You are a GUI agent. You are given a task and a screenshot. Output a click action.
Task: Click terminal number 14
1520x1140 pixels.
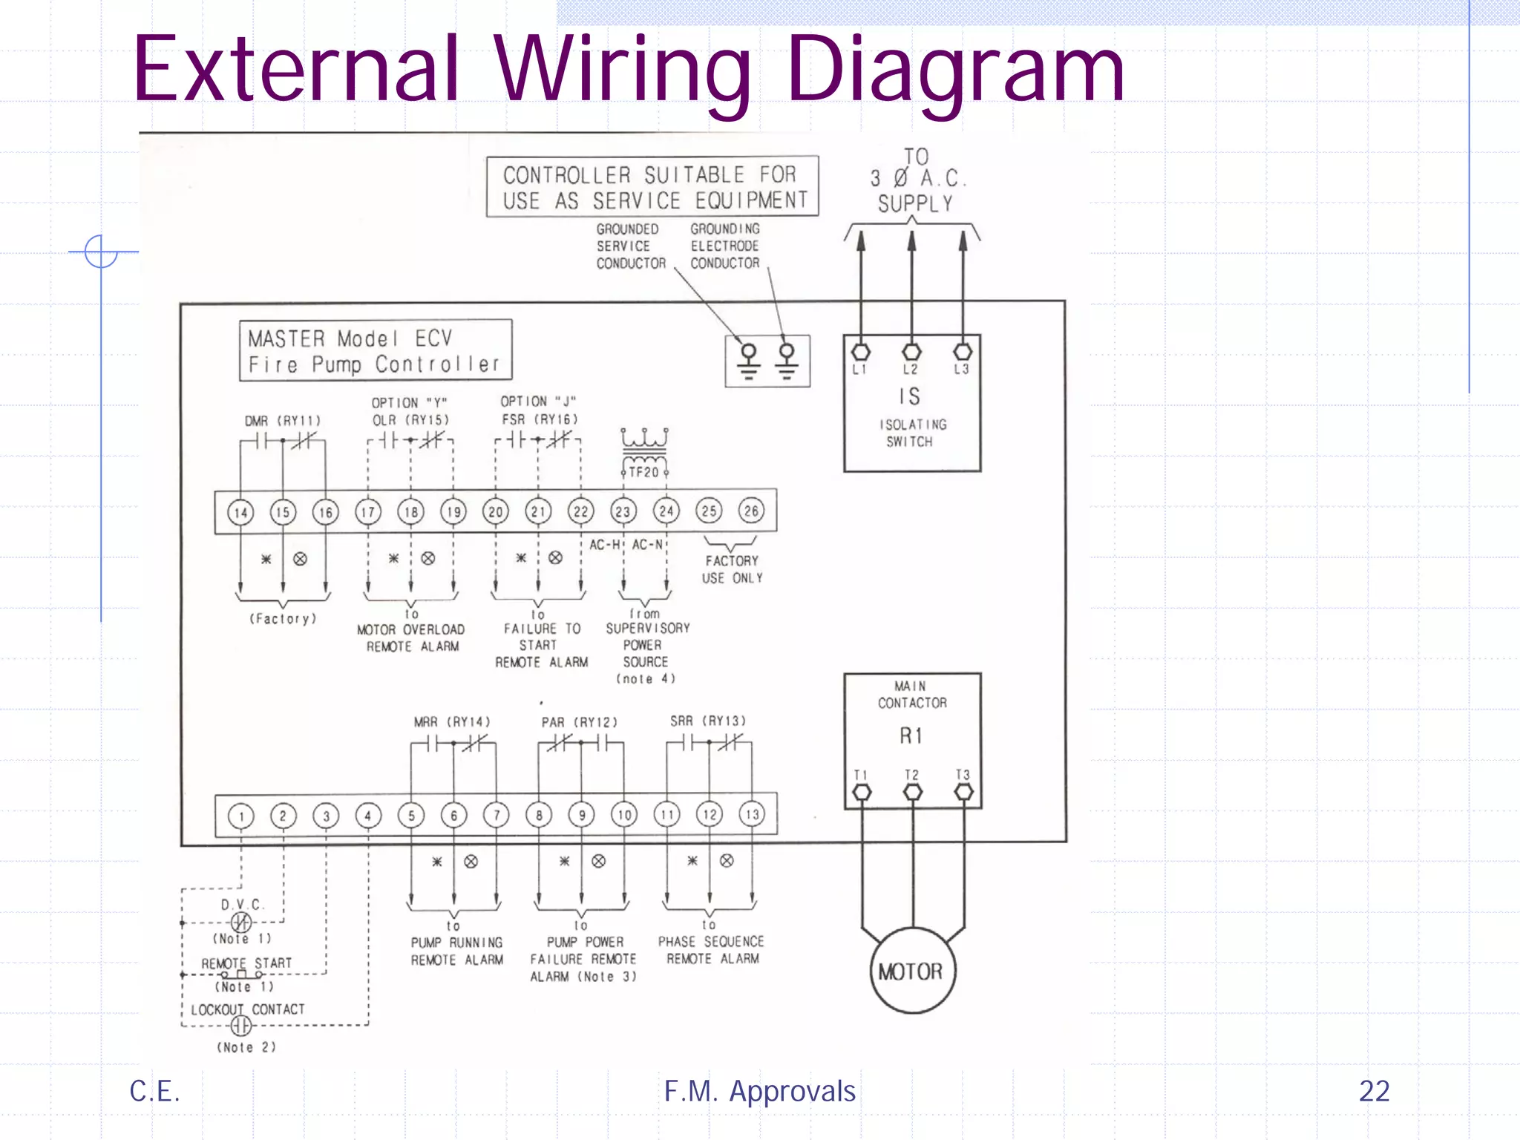tap(240, 512)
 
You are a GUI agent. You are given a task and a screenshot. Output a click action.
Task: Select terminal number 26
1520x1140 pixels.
tap(751, 511)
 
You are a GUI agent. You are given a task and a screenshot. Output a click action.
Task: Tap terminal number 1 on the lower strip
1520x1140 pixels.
tap(241, 816)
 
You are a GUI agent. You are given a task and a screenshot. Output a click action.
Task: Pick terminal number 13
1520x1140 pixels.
tap(753, 814)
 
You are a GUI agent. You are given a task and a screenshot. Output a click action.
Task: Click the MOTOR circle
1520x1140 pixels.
tap(912, 971)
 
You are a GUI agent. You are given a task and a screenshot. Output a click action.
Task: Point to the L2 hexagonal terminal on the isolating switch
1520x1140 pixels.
tap(911, 352)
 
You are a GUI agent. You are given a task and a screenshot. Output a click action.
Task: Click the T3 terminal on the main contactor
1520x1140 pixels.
tap(963, 792)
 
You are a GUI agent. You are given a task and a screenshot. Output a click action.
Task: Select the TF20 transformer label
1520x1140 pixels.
tap(643, 472)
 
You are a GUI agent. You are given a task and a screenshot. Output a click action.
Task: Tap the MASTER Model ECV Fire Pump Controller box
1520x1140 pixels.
tap(375, 351)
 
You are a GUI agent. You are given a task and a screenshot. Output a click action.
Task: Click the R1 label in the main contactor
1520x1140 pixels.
tap(911, 736)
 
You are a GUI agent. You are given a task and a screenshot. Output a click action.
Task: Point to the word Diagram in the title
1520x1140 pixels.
tap(955, 71)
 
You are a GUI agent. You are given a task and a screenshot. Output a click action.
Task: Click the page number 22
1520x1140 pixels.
tap(1374, 1091)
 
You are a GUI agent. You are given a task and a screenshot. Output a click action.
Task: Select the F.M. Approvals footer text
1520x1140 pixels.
tap(759, 1091)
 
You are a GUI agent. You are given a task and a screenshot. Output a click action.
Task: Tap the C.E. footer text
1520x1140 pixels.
tap(154, 1091)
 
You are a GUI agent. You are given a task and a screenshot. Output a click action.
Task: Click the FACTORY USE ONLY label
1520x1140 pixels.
tap(733, 569)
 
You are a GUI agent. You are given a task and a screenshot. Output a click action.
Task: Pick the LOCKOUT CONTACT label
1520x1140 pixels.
tap(248, 1009)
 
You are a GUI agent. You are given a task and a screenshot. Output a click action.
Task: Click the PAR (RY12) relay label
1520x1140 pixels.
tap(579, 722)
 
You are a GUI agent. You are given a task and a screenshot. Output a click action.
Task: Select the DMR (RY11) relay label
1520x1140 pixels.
tap(283, 421)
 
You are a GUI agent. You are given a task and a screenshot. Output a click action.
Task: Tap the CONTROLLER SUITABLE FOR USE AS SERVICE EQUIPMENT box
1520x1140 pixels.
tap(652, 187)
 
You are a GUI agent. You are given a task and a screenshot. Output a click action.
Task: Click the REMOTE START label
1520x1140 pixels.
tap(246, 963)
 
